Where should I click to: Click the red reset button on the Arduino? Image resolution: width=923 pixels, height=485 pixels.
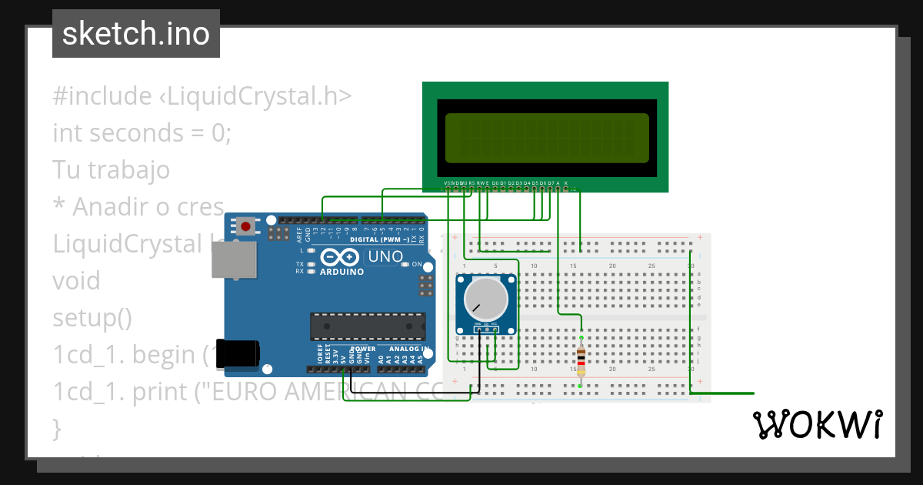245,226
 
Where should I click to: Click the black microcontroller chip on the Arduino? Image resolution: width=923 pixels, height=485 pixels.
367,326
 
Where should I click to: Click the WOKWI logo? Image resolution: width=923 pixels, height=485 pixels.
818,424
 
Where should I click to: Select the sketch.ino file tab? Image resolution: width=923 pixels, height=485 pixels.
136,34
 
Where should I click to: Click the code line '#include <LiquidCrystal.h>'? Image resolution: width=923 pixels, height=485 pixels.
202,96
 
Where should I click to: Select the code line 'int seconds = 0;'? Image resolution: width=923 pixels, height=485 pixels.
142,133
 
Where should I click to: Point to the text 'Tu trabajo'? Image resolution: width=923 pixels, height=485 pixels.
111,169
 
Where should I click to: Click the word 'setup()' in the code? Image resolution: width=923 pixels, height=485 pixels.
92,317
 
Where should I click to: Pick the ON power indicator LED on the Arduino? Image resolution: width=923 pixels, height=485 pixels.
405,264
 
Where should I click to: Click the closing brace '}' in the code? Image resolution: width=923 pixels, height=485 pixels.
55,427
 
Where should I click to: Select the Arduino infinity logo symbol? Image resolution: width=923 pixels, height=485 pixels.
338,257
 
